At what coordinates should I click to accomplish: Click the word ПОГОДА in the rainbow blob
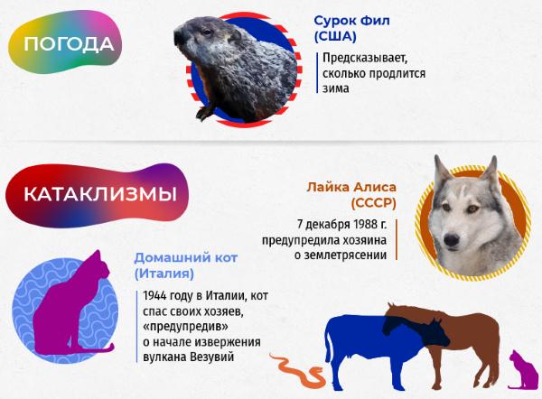point(69,44)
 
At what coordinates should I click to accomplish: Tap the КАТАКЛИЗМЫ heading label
point(100,194)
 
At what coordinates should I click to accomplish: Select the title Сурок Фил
point(351,21)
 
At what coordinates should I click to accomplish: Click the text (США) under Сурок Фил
point(335,37)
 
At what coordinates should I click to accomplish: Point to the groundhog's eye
point(207,32)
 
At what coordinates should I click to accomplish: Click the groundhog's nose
point(179,37)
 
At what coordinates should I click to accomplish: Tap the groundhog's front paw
point(204,112)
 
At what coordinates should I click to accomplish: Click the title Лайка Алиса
point(351,187)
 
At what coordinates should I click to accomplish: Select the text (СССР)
point(373,203)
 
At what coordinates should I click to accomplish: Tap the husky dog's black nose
point(452,239)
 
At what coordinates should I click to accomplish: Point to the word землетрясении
point(341,255)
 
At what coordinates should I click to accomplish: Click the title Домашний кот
point(186,257)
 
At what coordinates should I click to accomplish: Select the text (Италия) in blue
point(164,274)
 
